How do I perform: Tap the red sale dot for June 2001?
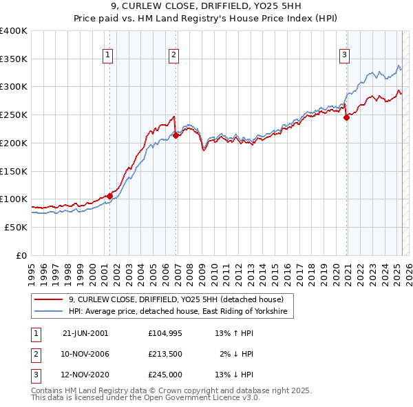coord(109,196)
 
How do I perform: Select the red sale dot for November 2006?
coord(176,135)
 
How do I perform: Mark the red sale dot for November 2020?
coord(346,117)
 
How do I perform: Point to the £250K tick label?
coord(14,115)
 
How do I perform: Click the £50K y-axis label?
coord(17,227)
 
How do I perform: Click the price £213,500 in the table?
coord(165,354)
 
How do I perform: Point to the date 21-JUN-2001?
coord(85,332)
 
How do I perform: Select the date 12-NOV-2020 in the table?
coord(85,375)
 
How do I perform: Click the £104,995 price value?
coord(165,332)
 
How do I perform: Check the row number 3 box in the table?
coord(34,375)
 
